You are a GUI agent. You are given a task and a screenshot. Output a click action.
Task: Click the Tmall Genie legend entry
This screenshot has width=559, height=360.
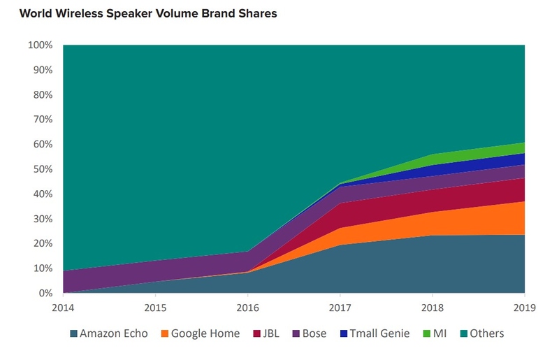[378, 333]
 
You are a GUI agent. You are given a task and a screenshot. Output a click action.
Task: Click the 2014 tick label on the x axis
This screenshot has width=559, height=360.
[63, 306]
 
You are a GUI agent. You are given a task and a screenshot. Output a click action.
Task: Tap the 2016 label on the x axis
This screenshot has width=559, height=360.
[248, 306]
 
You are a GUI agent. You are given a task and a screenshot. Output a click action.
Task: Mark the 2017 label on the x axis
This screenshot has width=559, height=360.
[340, 306]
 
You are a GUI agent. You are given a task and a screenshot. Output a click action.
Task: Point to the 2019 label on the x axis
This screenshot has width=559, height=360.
[524, 306]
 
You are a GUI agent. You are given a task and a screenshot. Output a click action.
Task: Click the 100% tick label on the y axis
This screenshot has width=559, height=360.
[40, 45]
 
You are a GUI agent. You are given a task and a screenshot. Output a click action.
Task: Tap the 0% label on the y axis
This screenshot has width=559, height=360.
[45, 294]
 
